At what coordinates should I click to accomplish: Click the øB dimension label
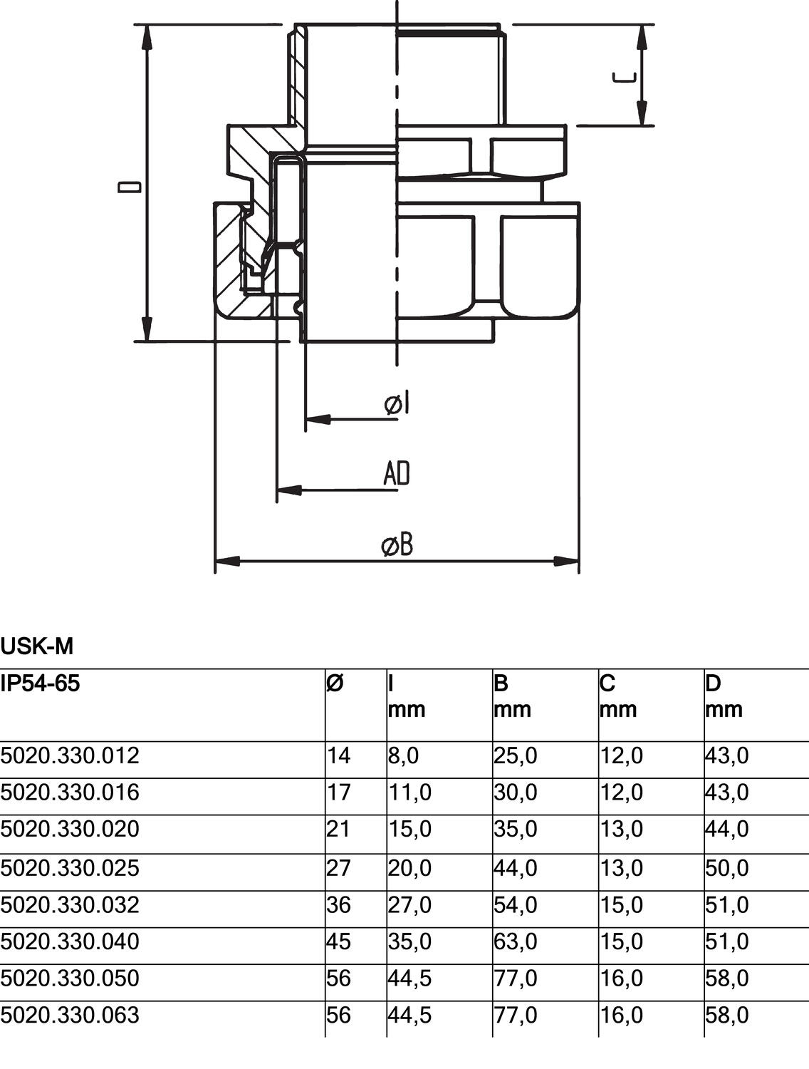click(397, 545)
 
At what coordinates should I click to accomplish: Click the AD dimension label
click(397, 473)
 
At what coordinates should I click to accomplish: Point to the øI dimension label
click(397, 404)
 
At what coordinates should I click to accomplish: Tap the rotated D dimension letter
click(130, 187)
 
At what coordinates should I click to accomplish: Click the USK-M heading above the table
click(37, 647)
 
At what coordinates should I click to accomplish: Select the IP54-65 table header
click(41, 684)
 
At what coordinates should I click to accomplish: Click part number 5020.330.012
click(70, 755)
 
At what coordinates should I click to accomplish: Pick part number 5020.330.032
click(70, 905)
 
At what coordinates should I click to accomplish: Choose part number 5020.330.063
click(70, 1015)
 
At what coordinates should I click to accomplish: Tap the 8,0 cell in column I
click(403, 755)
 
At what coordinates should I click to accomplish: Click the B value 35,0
click(515, 830)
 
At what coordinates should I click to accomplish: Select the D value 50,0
click(726, 868)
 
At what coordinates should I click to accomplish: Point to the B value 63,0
click(515, 942)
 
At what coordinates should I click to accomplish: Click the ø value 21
click(339, 830)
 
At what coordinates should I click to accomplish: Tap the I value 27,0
click(409, 905)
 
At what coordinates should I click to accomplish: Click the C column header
click(607, 684)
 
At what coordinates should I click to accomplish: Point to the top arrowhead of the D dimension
click(147, 36)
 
